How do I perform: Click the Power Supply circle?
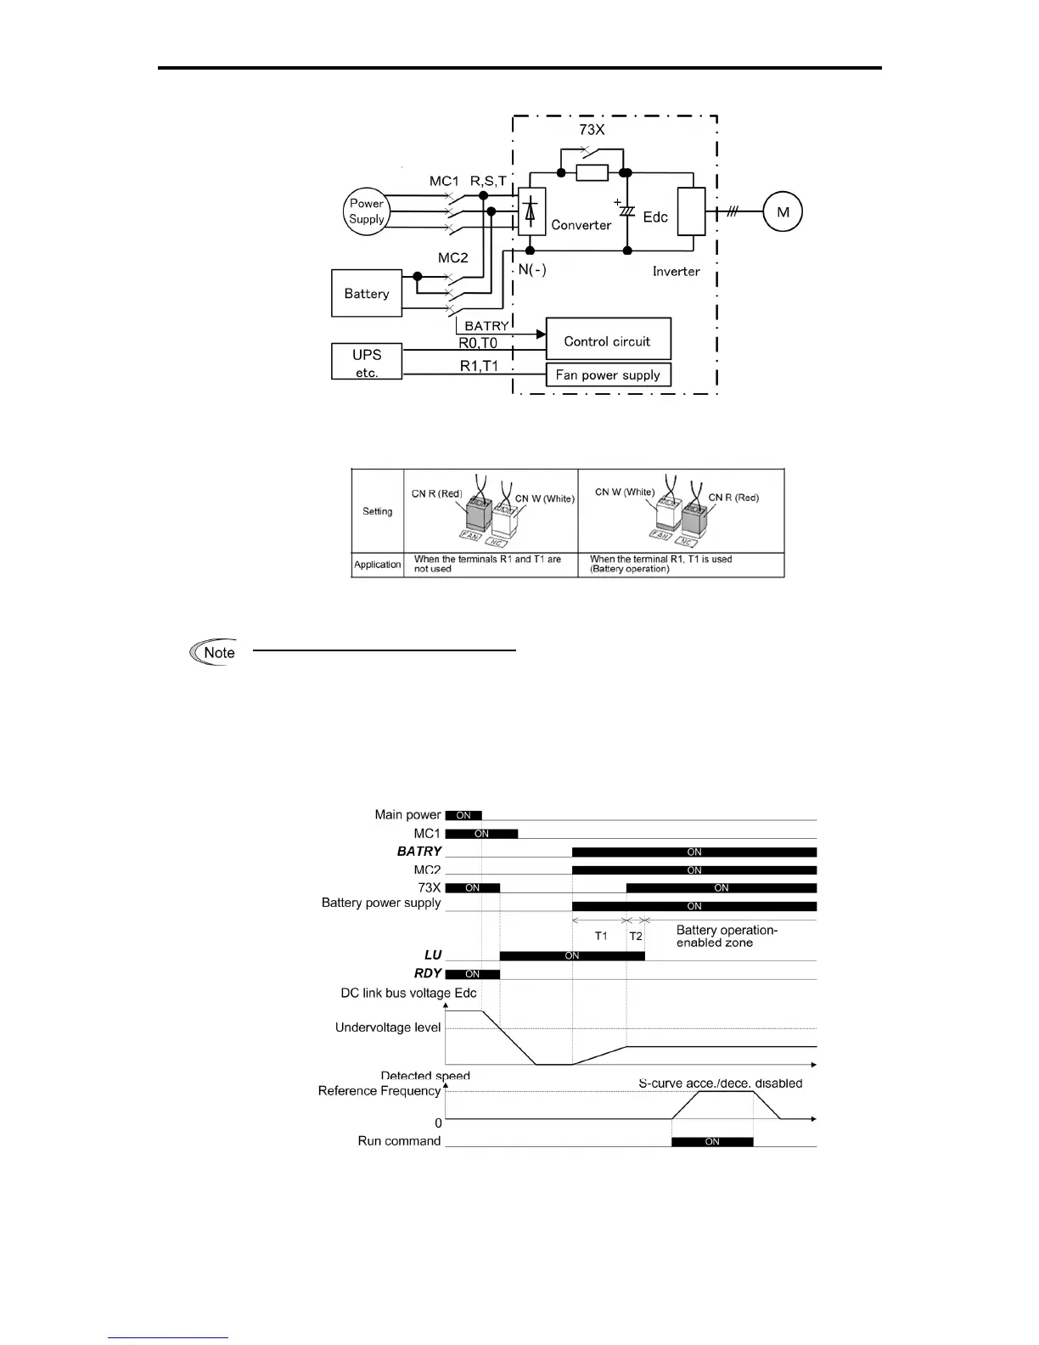[367, 211]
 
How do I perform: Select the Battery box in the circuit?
[367, 294]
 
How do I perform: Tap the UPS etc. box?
[367, 362]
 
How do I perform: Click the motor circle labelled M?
[783, 212]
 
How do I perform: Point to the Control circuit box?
[608, 340]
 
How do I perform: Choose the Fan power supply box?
[608, 374]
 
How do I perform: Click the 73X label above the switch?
[593, 131]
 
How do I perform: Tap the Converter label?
[581, 225]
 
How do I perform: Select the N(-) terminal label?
[532, 270]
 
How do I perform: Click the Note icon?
[213, 652]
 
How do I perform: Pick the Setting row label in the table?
[378, 511]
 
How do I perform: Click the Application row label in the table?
[378, 565]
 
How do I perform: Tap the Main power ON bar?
[463, 815]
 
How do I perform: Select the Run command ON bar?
[712, 1141]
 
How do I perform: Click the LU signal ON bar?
[572, 955]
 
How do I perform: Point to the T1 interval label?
[601, 936]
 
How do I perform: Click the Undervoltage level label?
[388, 1027]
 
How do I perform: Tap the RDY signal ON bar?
[472, 974]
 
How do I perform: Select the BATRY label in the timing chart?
[419, 851]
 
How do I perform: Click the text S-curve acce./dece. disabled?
[720, 1083]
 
